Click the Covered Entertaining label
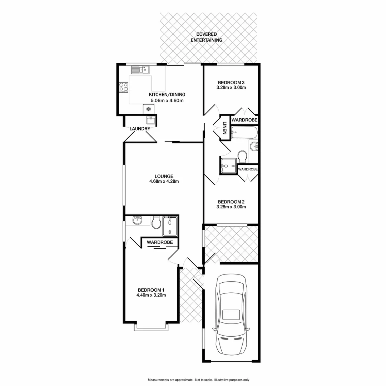click(x=206, y=37)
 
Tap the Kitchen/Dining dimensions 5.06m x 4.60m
click(x=167, y=100)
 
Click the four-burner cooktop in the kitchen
click(x=124, y=86)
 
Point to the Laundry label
click(x=140, y=129)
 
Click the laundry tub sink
click(x=151, y=119)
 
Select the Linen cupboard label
click(x=224, y=128)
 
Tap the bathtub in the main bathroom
click(x=244, y=133)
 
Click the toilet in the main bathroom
click(x=242, y=156)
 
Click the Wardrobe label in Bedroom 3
click(x=244, y=120)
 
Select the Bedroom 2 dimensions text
click(x=231, y=207)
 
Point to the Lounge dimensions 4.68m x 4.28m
click(x=164, y=181)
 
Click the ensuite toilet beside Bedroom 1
click(x=156, y=223)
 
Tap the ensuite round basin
click(x=137, y=221)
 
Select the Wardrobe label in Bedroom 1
click(x=160, y=242)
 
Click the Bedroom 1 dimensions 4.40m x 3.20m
click(x=151, y=295)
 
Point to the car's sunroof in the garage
click(x=232, y=315)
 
